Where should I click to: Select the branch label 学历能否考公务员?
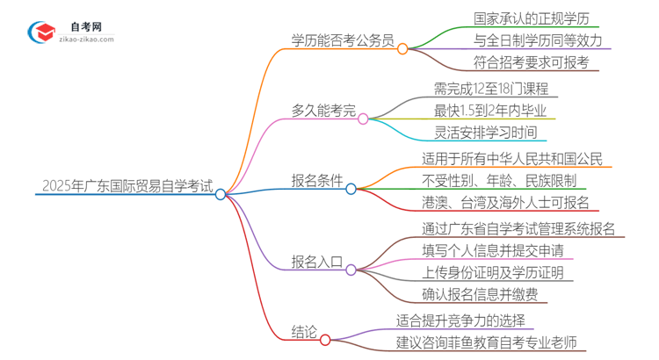(344, 40)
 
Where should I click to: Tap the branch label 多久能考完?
(322, 111)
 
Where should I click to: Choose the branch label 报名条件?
(317, 181)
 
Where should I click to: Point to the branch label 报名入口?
(317, 261)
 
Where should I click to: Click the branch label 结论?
(304, 331)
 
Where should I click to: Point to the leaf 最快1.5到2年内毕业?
(489, 111)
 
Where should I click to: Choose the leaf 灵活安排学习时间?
(484, 133)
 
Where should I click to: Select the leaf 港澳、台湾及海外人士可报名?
(506, 203)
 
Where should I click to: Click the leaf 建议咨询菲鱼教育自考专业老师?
(498, 342)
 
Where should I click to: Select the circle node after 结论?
(325, 340)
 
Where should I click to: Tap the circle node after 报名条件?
(351, 189)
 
